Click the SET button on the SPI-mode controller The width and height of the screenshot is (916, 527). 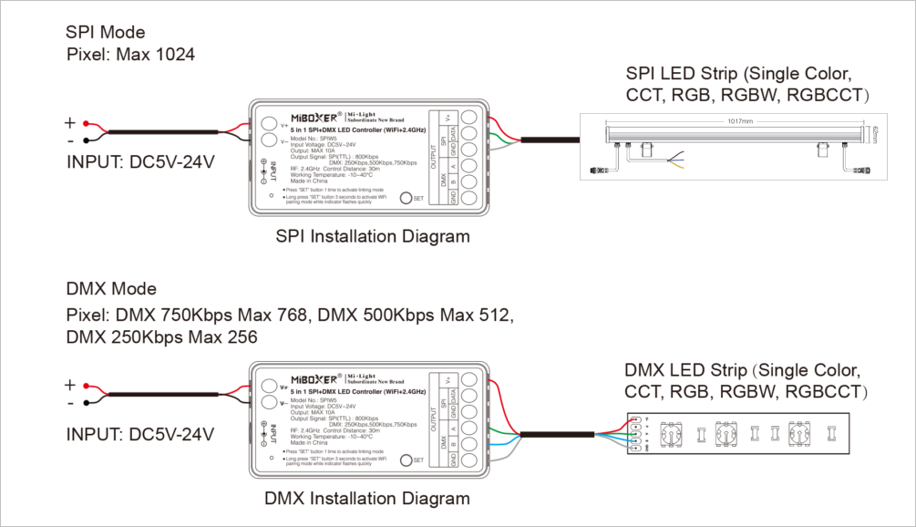coord(407,197)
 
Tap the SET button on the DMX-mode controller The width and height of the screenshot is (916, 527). coord(407,460)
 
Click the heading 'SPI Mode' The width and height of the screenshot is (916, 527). coord(106,32)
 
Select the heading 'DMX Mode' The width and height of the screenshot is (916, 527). coord(111,289)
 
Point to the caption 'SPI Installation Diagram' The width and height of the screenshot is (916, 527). coord(373,237)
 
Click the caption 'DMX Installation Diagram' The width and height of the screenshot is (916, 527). coord(367,499)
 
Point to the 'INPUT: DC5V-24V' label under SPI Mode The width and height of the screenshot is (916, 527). coord(140,163)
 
